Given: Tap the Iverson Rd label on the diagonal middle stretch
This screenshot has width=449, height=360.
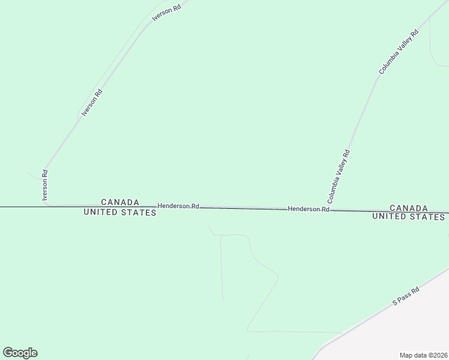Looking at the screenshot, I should tap(92, 103).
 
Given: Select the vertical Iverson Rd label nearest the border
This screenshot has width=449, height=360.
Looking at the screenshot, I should tap(44, 185).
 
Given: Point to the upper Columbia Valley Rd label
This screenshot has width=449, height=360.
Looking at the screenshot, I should tap(397, 53).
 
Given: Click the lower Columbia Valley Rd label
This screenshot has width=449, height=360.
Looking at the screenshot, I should tap(339, 176).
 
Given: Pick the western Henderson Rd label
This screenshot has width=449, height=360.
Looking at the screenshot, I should tap(178, 206).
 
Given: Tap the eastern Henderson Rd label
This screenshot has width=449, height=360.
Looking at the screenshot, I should tap(309, 209).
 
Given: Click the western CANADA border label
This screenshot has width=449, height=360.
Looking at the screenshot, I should tap(120, 202).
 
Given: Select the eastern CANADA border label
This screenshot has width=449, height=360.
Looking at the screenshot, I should tap(409, 208).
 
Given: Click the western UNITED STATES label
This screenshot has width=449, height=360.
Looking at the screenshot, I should tap(120, 212).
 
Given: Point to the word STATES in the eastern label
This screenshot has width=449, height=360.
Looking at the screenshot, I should tap(427, 217).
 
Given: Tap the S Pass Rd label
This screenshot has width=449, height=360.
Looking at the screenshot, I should tap(406, 296).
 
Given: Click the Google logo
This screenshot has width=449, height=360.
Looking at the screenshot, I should tap(20, 353).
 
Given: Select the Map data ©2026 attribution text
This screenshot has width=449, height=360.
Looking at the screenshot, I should tap(423, 355).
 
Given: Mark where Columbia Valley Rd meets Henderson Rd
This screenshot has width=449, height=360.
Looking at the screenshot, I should tap(331, 210).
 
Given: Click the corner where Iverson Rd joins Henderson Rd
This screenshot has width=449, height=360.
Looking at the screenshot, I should tap(48, 205).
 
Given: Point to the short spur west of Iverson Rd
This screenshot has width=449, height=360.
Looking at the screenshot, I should tap(34, 175).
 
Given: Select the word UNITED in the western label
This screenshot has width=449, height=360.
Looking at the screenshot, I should tap(102, 212).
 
